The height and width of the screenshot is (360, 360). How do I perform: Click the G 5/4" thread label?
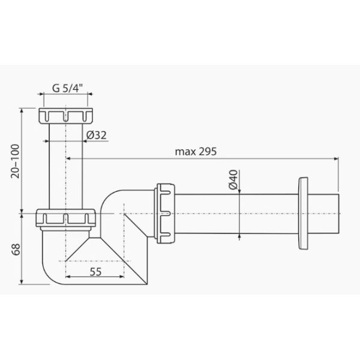coord(67,88)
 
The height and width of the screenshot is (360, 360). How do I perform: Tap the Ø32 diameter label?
coord(97,135)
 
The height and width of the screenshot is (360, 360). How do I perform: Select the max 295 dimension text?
coord(196,152)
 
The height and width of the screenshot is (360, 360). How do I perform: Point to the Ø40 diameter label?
coord(233,179)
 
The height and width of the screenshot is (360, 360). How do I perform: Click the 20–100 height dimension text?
coord(15,161)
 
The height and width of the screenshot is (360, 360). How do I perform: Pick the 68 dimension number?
coord(16,250)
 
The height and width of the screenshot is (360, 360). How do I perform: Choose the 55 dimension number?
coord(95,272)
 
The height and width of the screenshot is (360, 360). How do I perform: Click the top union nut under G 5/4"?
coord(65,116)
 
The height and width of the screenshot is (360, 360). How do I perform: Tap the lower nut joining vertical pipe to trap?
coord(65,218)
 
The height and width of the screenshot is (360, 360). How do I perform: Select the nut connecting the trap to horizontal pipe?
coord(166,213)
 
